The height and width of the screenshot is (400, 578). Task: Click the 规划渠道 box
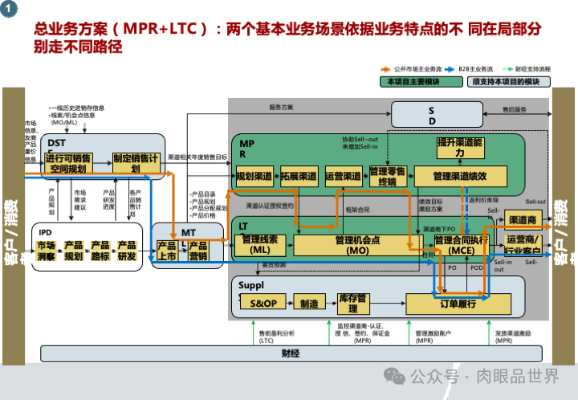click(x=254, y=175)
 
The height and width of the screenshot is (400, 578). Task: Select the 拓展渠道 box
click(x=299, y=175)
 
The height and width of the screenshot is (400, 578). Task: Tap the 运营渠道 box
click(x=344, y=175)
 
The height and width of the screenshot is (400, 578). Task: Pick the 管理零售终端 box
click(x=389, y=176)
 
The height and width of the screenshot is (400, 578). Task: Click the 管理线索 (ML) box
click(x=259, y=244)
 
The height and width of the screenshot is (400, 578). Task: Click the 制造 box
click(x=309, y=303)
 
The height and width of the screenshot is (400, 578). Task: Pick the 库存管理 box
click(x=353, y=303)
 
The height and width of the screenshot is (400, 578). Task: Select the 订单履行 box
click(x=458, y=304)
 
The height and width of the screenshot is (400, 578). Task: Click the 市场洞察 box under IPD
click(x=47, y=251)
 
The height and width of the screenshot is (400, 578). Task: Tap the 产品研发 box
click(x=127, y=251)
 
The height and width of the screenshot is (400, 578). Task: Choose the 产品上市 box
click(x=166, y=251)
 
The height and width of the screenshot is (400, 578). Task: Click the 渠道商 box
click(x=523, y=220)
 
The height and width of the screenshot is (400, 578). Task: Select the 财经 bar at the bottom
click(x=290, y=353)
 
